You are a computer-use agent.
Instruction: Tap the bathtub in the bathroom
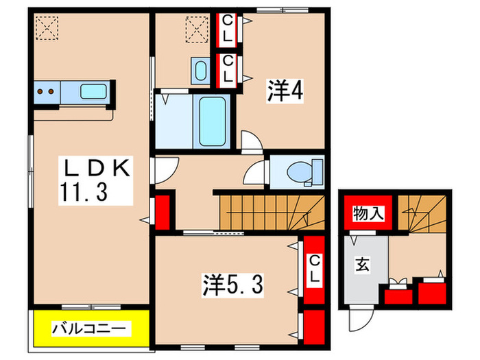213,121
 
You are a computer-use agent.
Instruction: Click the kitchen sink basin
93,91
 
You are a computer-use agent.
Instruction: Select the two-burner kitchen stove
47,91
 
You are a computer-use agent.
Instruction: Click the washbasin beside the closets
200,70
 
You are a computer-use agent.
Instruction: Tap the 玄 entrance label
361,265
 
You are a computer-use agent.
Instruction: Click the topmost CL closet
227,28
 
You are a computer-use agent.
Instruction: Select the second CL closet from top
227,69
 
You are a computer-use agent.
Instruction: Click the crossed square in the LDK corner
47,28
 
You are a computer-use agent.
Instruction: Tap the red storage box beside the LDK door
163,213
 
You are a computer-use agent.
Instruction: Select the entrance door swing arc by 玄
361,317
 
